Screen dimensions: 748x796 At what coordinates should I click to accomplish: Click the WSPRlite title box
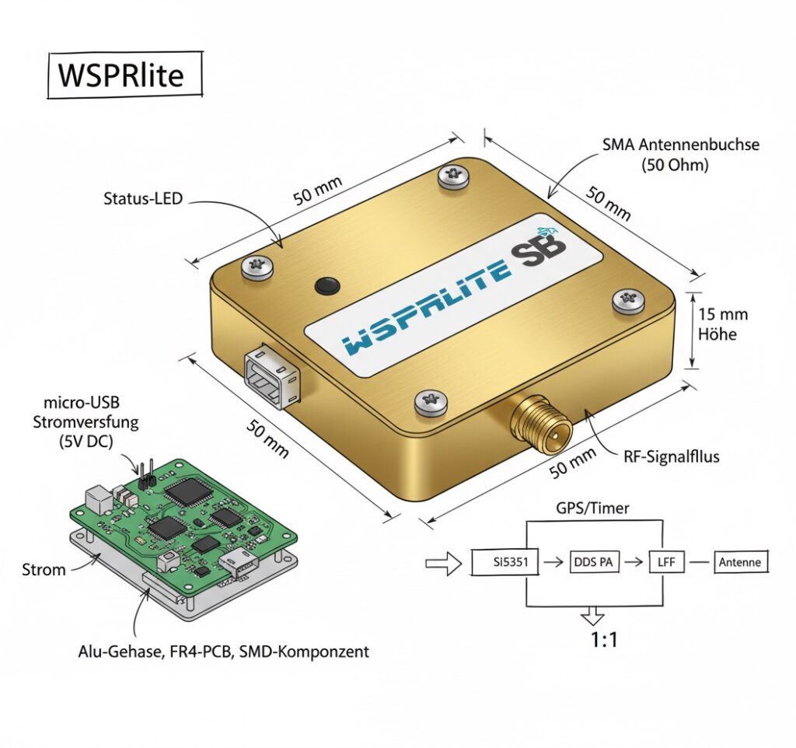point(124,75)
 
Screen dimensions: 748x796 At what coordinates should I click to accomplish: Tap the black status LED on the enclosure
point(327,285)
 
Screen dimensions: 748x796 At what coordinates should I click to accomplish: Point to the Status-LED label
point(142,198)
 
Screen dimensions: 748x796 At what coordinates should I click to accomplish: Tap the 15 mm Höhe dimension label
point(723,324)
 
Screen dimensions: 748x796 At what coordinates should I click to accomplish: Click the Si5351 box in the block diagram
point(504,562)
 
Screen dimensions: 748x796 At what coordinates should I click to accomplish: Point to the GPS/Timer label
point(593,508)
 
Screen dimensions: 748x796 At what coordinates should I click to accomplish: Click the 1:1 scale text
point(593,640)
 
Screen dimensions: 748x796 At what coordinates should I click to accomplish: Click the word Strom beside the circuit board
point(44,570)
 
